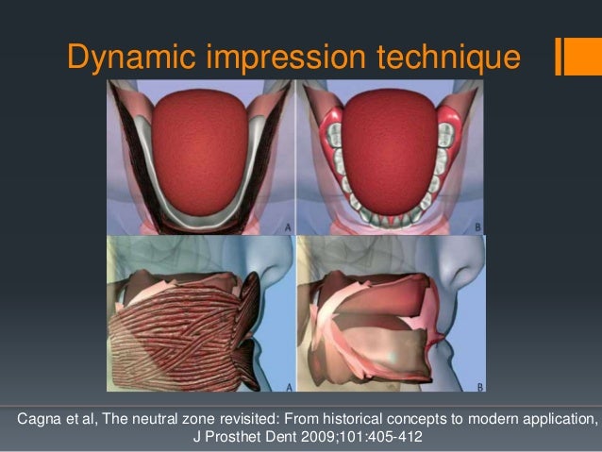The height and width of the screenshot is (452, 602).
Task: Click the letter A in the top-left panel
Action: point(286,226)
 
